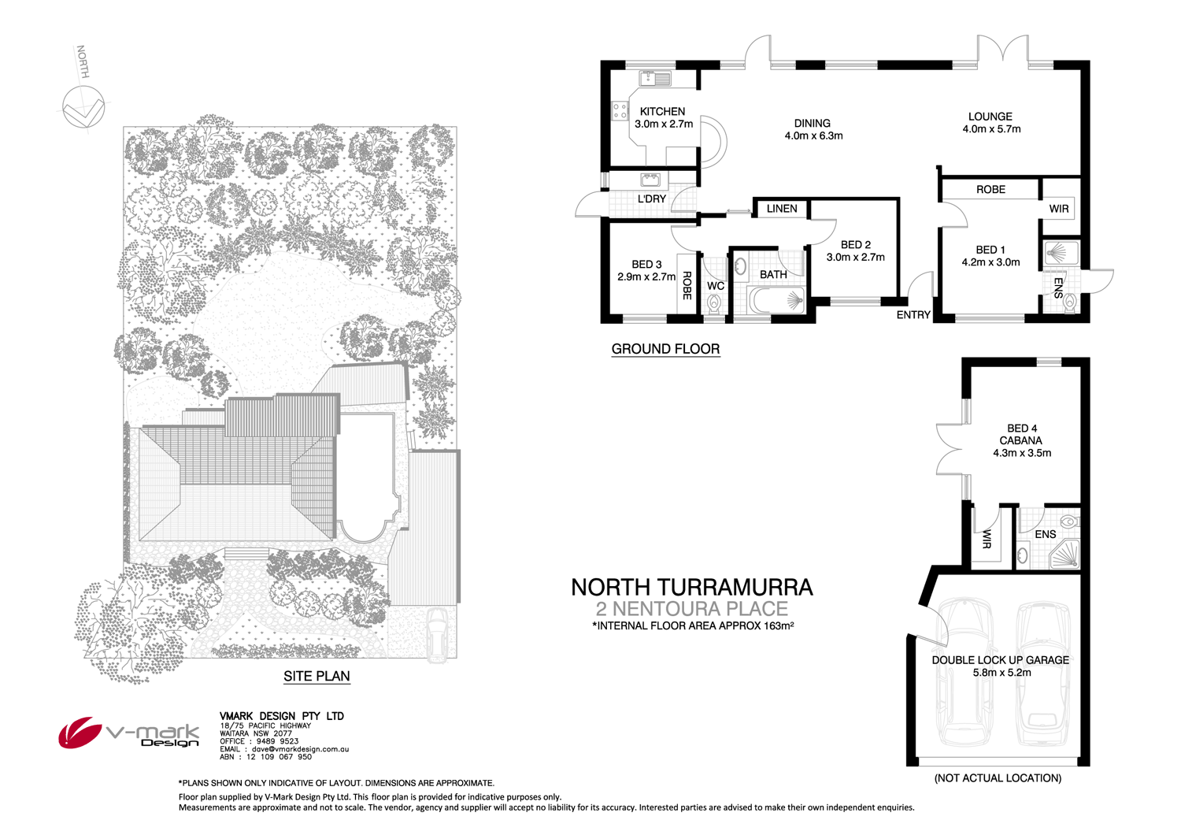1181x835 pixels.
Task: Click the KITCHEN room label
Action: (x=662, y=112)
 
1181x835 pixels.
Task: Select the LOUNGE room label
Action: (x=990, y=117)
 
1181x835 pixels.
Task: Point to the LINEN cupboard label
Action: (x=781, y=209)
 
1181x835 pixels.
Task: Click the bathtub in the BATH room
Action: (x=776, y=300)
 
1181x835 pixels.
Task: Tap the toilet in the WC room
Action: (x=715, y=304)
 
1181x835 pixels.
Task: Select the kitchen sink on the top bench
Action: (x=655, y=78)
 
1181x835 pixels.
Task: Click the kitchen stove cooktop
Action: (x=620, y=112)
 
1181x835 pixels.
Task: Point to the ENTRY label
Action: (x=913, y=315)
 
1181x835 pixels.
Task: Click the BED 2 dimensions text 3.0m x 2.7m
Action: (x=855, y=258)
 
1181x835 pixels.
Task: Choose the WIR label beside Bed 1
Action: (x=1059, y=209)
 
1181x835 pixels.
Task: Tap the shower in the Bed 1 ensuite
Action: (x=1060, y=254)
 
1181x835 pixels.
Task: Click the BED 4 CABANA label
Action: (x=1021, y=435)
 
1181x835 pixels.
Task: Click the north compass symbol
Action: (x=83, y=106)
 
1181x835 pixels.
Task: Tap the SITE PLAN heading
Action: (x=317, y=676)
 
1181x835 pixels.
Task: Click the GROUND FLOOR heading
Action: (x=665, y=349)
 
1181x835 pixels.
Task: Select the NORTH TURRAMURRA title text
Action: (x=691, y=587)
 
